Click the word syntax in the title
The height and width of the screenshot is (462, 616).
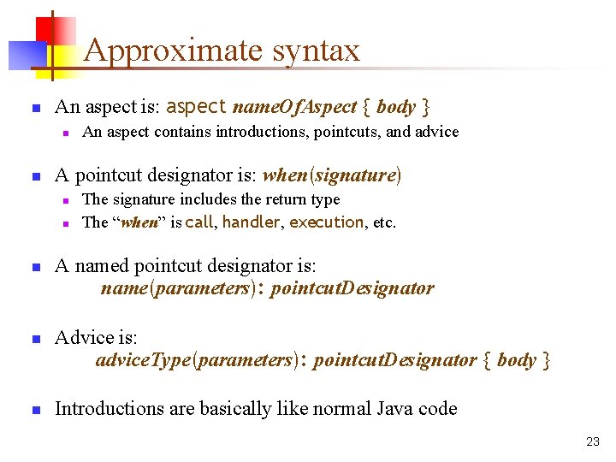pos(317,51)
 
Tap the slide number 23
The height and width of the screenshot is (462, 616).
pos(593,441)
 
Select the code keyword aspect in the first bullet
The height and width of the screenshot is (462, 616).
pos(197,107)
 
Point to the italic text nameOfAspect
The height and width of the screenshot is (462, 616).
pos(295,107)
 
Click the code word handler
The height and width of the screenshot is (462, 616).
pos(252,222)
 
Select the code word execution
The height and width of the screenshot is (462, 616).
pos(327,222)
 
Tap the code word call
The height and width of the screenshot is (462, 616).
pos(199,222)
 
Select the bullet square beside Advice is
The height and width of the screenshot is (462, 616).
pos(36,339)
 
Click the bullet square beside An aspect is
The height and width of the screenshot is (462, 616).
pos(36,109)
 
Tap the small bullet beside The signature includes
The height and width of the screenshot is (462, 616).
pos(64,200)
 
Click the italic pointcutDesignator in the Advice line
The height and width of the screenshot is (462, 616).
pos(395,360)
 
